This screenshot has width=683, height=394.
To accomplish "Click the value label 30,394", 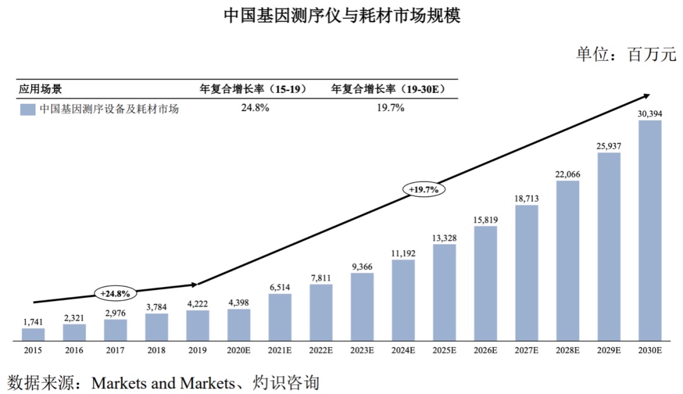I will (649, 113).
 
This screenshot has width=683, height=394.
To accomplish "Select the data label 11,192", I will (403, 252).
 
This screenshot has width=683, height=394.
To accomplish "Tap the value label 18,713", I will (527, 198).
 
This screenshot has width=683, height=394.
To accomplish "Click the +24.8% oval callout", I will (114, 293).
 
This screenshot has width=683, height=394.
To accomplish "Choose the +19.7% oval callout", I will (423, 188).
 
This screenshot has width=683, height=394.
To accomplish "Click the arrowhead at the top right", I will (645, 96).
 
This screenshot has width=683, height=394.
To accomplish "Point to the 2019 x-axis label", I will (197, 350).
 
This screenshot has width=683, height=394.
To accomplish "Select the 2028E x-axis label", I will (568, 350).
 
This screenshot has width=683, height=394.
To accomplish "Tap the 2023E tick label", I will (362, 350).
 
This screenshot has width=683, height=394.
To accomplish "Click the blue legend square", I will (27, 109).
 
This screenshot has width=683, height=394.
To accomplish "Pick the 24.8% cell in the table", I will (255, 108).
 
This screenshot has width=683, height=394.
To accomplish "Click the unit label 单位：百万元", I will (625, 54).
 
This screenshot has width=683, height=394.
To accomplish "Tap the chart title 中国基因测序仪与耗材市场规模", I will (341, 15).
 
